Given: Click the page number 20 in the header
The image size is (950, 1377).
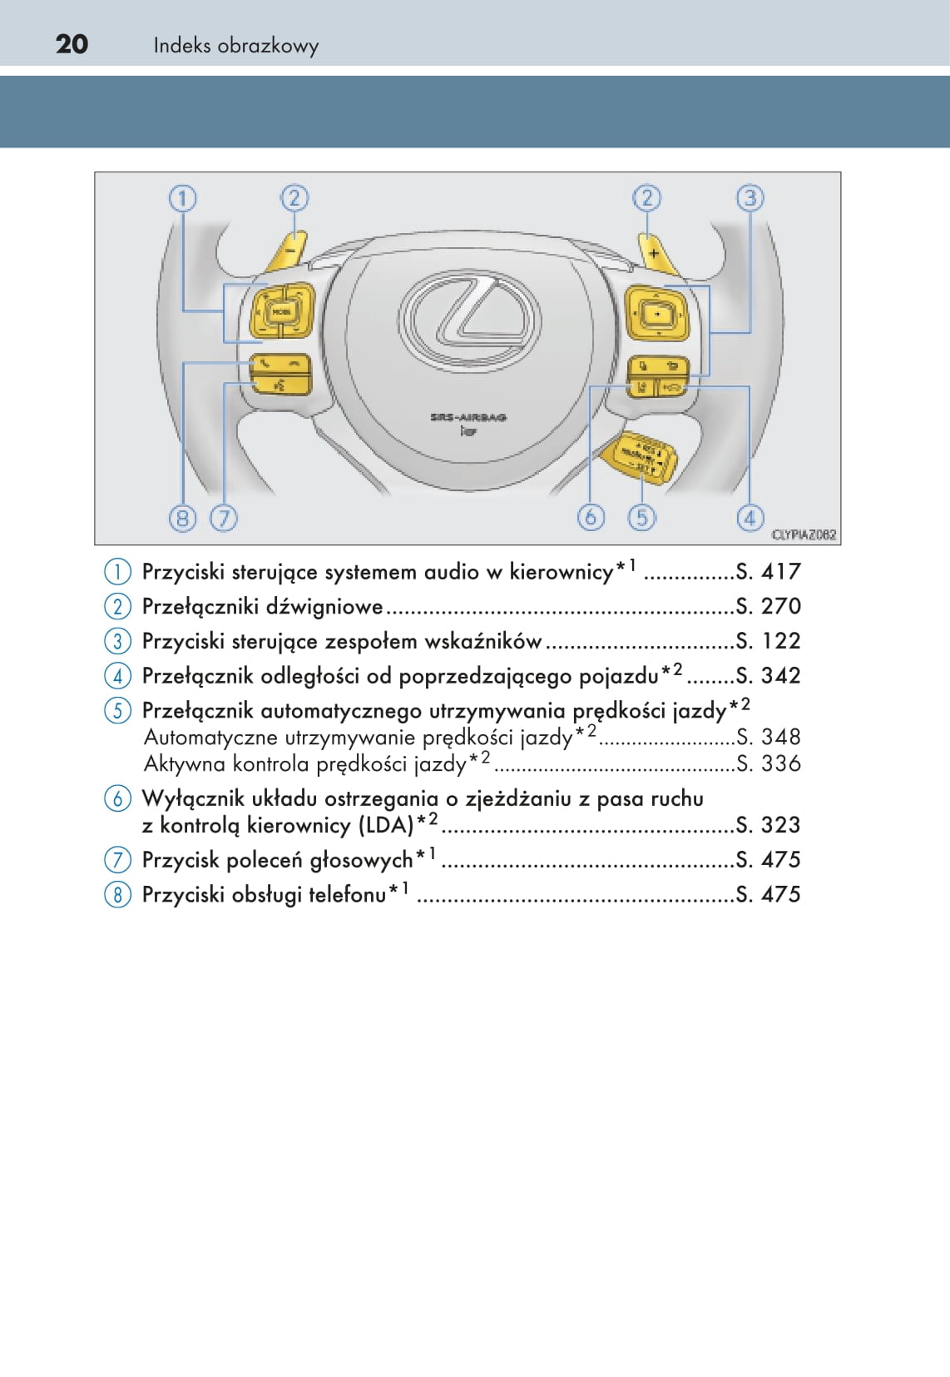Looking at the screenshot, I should (x=72, y=44).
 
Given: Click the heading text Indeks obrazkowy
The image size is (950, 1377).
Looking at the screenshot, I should (x=235, y=46).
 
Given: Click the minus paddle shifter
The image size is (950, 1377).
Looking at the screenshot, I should (x=289, y=251).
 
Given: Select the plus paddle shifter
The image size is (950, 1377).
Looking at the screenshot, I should (x=657, y=253).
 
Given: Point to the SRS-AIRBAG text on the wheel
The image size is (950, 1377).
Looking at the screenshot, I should (x=468, y=417).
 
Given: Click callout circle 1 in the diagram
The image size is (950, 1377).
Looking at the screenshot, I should (x=182, y=198).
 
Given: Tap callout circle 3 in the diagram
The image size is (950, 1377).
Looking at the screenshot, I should (x=750, y=198).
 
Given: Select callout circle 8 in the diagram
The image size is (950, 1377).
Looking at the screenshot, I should (x=182, y=518).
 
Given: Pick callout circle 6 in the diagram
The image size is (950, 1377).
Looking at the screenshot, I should (x=590, y=517).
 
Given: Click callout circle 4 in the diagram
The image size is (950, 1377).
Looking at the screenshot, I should (x=750, y=518).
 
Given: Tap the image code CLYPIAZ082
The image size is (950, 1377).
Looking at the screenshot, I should (x=803, y=534).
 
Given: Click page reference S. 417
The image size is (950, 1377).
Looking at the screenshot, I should (x=768, y=572).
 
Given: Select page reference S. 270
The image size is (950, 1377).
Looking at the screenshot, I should (x=768, y=606).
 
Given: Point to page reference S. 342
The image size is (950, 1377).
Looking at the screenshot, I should (x=768, y=675).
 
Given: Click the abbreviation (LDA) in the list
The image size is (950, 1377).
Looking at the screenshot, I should (x=387, y=825).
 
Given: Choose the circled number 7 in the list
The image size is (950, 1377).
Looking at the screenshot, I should (x=117, y=859).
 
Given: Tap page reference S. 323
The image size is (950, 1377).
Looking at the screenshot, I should (x=768, y=825).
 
